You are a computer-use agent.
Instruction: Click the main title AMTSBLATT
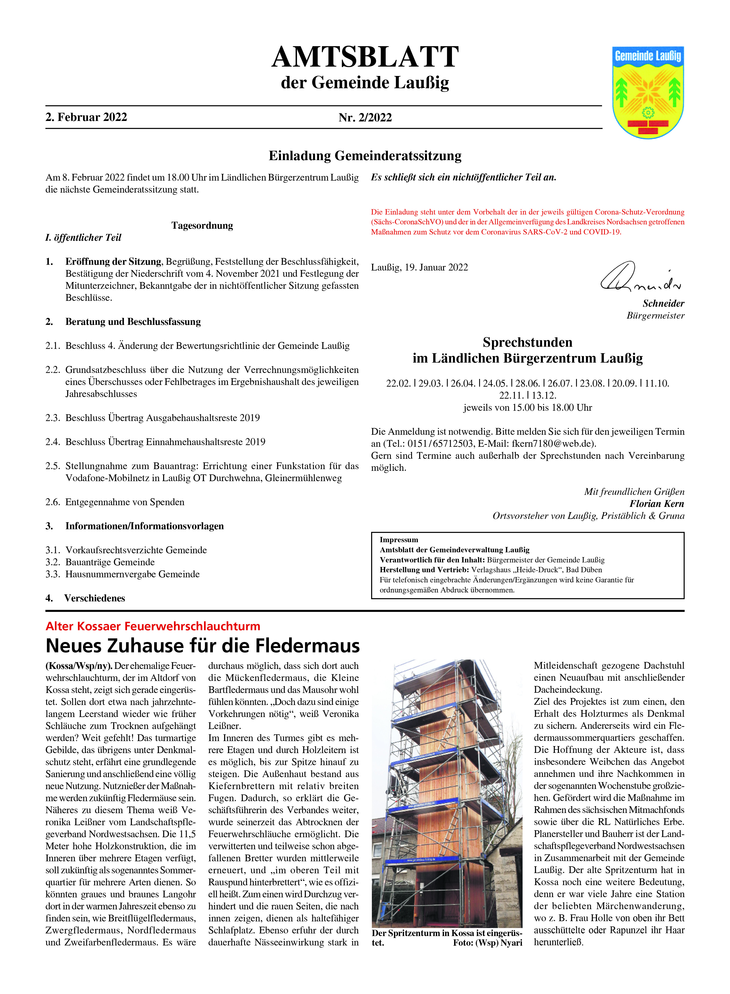pyautogui.click(x=365, y=57)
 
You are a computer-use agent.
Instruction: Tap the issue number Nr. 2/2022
pyautogui.click(x=365, y=118)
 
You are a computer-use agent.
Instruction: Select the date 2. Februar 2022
pyautogui.click(x=86, y=117)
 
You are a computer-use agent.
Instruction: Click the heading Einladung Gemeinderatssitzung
pyautogui.click(x=365, y=156)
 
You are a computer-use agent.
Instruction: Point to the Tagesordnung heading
pyautogui.click(x=202, y=226)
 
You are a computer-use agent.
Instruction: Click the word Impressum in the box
pyautogui.click(x=399, y=540)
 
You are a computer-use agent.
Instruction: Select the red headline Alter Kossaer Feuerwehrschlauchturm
pyautogui.click(x=153, y=626)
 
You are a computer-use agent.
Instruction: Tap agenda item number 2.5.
pyautogui.click(x=53, y=466)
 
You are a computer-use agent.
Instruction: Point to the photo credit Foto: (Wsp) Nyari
pyautogui.click(x=487, y=943)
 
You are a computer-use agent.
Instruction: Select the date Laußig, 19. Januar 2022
pyautogui.click(x=419, y=267)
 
